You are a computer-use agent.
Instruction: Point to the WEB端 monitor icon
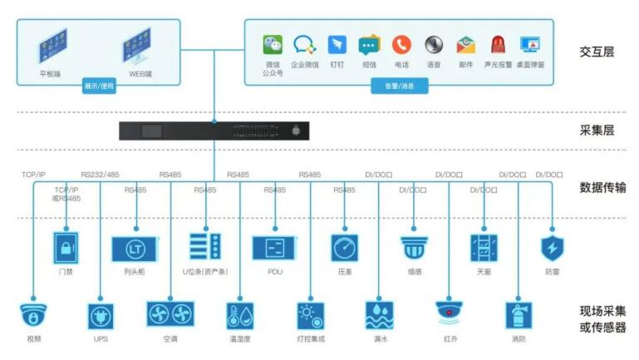pos(140,48)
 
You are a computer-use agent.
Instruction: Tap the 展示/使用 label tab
pos(100,85)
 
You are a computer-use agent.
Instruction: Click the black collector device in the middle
pos(213,131)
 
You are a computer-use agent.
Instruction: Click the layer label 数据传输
pos(602,188)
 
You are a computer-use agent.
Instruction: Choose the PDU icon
pos(275,249)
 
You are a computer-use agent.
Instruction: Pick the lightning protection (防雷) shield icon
pos(551,248)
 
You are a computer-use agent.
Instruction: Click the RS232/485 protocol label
pos(101,175)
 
